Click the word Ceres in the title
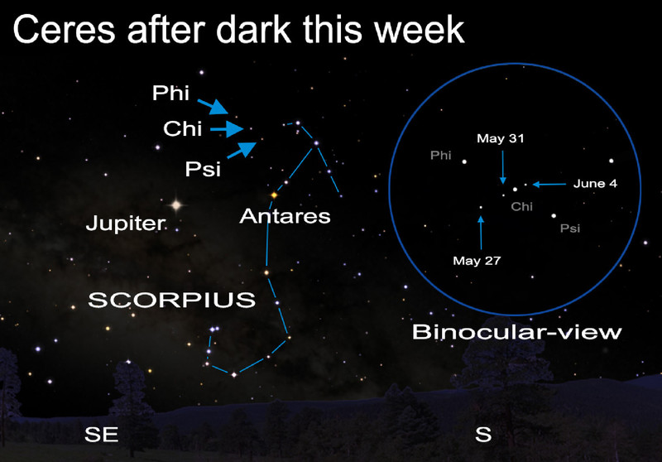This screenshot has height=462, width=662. [x=65, y=29]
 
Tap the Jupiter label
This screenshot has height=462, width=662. [x=126, y=223]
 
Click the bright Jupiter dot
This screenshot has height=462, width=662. [x=176, y=205]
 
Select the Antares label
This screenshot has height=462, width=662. [x=285, y=216]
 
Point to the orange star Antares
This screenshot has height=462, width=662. [x=275, y=195]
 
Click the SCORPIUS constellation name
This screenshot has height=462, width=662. [x=172, y=300]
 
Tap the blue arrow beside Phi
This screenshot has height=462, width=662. [x=213, y=107]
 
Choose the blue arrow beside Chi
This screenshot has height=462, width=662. [x=227, y=129]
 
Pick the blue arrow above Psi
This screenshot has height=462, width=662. [x=242, y=150]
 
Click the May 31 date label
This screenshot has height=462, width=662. [x=501, y=138]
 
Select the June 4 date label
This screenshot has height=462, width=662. [x=595, y=184]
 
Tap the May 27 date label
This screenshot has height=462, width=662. [x=477, y=261]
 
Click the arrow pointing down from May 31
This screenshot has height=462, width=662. [x=503, y=167]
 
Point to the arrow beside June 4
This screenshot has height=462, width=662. [x=549, y=184]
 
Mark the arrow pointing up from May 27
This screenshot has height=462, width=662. [x=481, y=233]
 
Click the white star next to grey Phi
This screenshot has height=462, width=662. [x=464, y=161]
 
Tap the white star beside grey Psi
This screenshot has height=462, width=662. [x=554, y=216]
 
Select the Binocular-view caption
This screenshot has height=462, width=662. [x=516, y=332]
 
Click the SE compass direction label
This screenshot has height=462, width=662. [x=101, y=435]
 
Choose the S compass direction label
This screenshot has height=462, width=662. [x=483, y=434]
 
